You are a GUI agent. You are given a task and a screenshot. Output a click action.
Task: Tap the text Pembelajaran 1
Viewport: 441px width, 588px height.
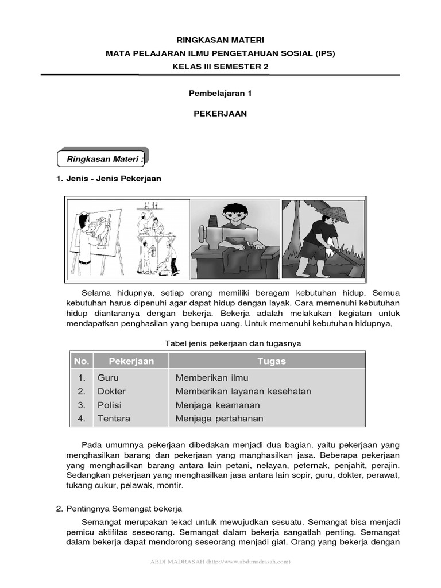click(220, 92)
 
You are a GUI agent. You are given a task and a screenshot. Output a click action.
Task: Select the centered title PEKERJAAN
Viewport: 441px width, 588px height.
click(220, 114)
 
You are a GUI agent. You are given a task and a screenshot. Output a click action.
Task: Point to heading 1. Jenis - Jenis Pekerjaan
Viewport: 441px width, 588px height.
click(109, 179)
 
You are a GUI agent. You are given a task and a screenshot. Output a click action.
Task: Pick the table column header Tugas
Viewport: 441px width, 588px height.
click(268, 361)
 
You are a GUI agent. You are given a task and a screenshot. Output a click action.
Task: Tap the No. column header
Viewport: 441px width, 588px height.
click(82, 361)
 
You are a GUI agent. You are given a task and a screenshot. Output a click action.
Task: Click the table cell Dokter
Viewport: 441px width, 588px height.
click(111, 392)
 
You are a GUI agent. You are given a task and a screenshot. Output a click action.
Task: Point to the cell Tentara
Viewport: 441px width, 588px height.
click(114, 419)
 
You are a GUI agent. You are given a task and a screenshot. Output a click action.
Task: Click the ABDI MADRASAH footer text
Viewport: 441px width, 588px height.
click(220, 562)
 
